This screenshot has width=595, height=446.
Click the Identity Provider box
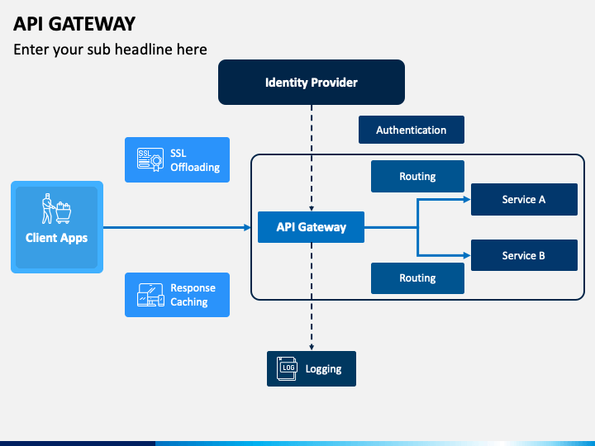click(312, 82)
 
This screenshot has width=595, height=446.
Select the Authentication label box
click(412, 130)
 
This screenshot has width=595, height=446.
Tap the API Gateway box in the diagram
click(312, 227)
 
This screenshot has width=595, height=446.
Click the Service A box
click(524, 200)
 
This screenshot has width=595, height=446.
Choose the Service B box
click(524, 255)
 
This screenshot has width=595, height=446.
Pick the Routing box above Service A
click(417, 177)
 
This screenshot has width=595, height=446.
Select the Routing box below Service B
click(417, 278)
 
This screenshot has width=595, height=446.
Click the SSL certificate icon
click(150, 159)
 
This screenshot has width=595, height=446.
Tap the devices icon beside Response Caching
click(150, 295)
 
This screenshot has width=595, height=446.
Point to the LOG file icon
click(287, 368)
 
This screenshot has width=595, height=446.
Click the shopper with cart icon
click(56, 209)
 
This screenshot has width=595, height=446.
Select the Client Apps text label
click(56, 238)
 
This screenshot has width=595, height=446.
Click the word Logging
click(323, 369)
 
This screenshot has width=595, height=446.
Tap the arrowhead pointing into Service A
click(467, 200)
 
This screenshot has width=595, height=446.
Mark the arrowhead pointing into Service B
click(467, 255)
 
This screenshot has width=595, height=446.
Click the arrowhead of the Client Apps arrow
click(247, 228)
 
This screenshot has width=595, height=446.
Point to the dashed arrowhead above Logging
click(312, 347)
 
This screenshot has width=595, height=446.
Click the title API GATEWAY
click(74, 24)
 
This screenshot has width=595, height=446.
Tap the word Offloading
click(195, 167)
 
